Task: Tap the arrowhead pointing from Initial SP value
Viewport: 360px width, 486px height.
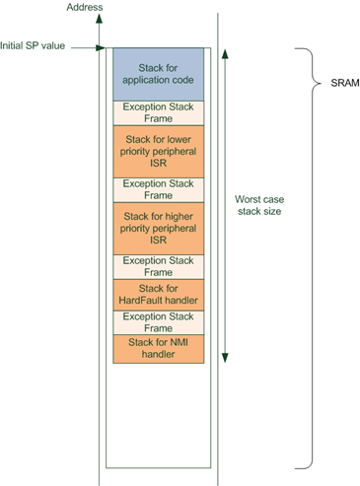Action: (x=101, y=46)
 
